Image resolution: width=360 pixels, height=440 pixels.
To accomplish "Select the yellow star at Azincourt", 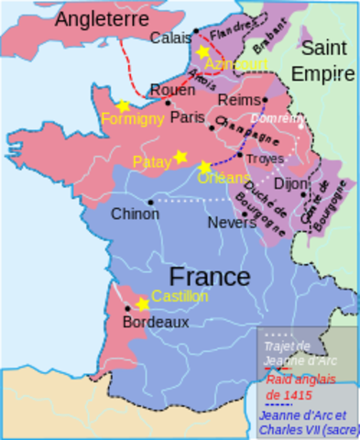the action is [x=203, y=52].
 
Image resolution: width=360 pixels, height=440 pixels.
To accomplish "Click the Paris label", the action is [x=186, y=117].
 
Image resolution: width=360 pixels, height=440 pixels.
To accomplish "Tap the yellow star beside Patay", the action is [x=180, y=157].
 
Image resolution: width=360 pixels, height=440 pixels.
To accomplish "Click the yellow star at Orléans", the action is [x=204, y=167].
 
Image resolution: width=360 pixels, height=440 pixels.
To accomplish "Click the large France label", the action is [x=210, y=276].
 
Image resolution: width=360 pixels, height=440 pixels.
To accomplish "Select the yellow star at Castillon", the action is [x=142, y=303].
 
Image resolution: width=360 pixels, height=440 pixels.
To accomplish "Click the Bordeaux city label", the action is [x=156, y=323].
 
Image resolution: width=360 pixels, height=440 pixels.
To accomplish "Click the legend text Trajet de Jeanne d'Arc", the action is [x=288, y=353].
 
